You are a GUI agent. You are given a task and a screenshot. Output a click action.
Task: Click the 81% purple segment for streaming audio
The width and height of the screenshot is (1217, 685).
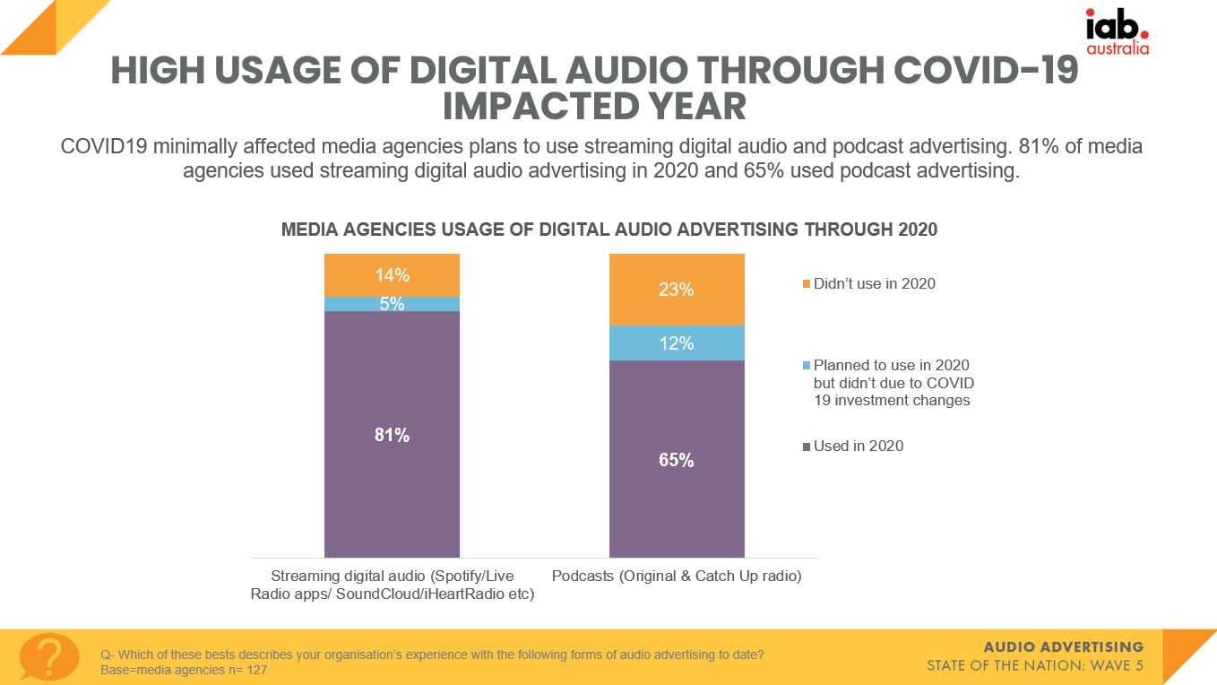click(x=392, y=435)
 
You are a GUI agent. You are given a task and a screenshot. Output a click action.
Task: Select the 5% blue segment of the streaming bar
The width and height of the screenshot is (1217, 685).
click(x=392, y=304)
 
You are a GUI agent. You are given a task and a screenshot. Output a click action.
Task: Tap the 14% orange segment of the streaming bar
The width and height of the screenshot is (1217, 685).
click(x=392, y=275)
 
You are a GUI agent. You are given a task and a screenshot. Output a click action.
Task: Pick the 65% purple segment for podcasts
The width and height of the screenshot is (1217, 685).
click(x=677, y=459)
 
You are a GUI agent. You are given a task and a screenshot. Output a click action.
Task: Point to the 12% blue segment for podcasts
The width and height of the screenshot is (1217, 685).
click(x=677, y=342)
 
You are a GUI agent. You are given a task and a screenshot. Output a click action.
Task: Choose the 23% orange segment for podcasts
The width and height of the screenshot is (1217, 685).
click(x=677, y=290)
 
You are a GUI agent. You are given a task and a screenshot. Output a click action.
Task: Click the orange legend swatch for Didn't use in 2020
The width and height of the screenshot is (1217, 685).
click(x=807, y=284)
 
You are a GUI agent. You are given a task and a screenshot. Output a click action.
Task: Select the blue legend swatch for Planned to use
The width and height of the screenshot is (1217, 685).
click(x=807, y=366)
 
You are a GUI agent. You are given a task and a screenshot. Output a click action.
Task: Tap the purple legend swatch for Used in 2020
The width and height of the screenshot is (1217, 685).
click(x=807, y=447)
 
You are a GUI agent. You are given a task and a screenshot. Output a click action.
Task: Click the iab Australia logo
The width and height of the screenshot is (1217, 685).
click(x=1117, y=32)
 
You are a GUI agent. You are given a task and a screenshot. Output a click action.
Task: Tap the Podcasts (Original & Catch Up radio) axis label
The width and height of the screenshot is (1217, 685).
click(x=677, y=576)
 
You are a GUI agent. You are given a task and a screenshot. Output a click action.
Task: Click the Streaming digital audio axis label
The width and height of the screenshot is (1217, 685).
click(x=392, y=585)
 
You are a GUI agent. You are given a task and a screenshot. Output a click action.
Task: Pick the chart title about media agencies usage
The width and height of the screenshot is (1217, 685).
click(x=609, y=230)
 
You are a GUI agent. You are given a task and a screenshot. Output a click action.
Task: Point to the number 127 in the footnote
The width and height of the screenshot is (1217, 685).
click(x=255, y=670)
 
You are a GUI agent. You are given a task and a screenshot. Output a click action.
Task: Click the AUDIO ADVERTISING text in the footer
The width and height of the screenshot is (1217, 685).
click(x=1063, y=646)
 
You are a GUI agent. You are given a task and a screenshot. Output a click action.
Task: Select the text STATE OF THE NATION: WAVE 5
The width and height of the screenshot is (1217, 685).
click(x=1035, y=666)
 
